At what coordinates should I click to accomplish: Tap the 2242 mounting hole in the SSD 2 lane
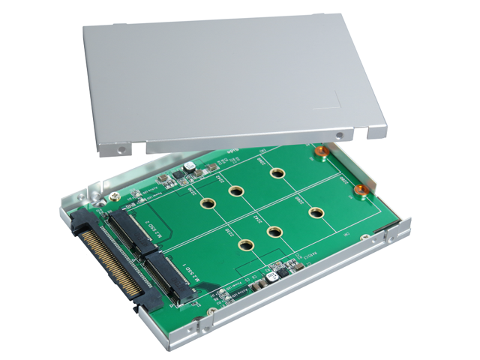pos(237,190)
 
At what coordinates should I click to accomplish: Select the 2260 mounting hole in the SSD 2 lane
pos(277,173)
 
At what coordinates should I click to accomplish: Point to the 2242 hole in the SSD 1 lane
pos(275,230)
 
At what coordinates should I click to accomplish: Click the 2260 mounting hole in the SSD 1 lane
pos(315,211)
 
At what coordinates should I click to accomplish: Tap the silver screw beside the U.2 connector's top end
pos(113,196)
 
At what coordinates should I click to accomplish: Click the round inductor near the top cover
pos(190,166)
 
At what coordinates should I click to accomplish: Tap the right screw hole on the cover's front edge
pos(339,136)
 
